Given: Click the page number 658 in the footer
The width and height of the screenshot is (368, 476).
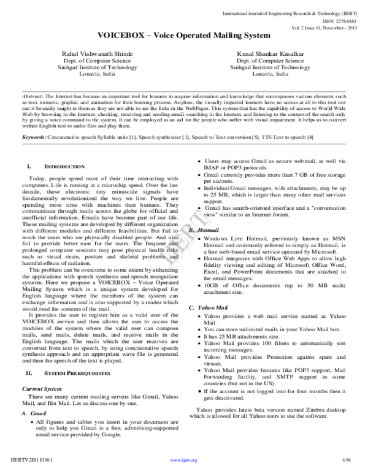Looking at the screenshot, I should [347, 459].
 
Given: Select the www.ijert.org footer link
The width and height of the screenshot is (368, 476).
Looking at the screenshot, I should [183, 459].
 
